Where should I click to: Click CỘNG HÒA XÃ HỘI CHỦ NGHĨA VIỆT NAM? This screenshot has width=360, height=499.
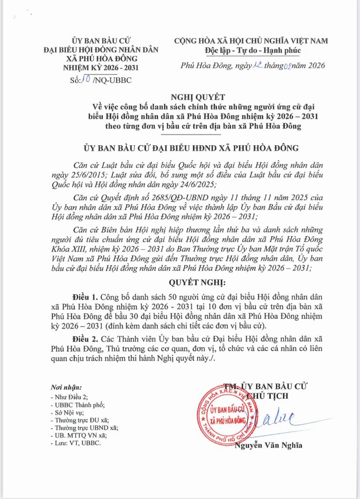[251, 41]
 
